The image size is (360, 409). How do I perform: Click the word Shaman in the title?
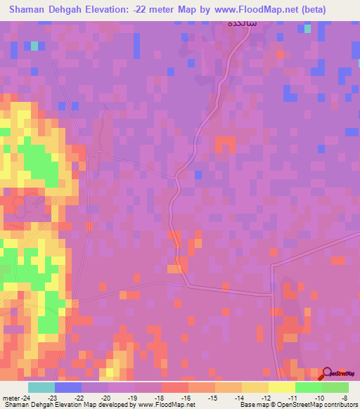click(31, 10)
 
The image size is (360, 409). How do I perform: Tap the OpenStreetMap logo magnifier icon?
click(327, 374)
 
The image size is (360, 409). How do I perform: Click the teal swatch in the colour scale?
click(41, 387)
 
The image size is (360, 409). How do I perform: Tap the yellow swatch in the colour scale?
click(282, 387)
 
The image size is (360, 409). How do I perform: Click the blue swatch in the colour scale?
click(67, 387)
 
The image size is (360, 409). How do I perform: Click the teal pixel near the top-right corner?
click(307, 29)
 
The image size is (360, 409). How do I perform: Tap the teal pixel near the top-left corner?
click(33, 46)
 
